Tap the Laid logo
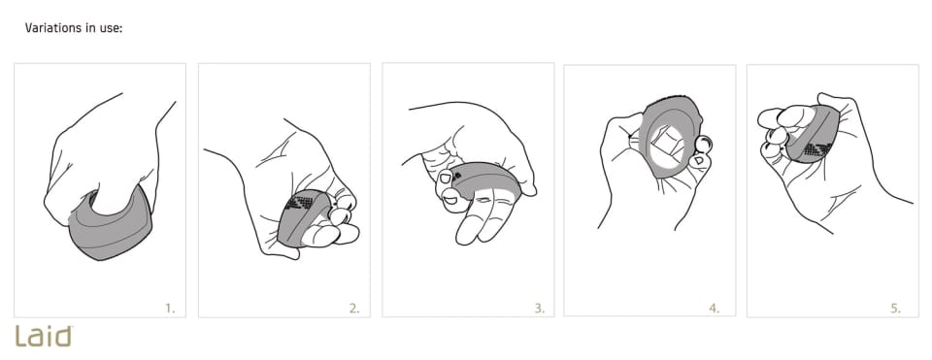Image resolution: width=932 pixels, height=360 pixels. [x=44, y=337]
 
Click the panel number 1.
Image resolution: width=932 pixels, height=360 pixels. [x=171, y=308]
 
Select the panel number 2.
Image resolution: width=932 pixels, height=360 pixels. [x=354, y=308]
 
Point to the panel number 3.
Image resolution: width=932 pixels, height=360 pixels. [x=539, y=308]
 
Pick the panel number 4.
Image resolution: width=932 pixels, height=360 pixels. [x=715, y=308]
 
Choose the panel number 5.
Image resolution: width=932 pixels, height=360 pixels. [x=896, y=308]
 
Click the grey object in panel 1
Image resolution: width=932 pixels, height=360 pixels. [x=110, y=229]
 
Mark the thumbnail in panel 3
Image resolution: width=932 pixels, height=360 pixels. [x=446, y=179]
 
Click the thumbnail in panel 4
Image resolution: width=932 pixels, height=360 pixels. [x=699, y=161]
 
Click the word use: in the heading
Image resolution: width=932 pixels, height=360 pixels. [x=111, y=28]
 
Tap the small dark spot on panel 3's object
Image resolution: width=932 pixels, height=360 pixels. [x=457, y=176]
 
